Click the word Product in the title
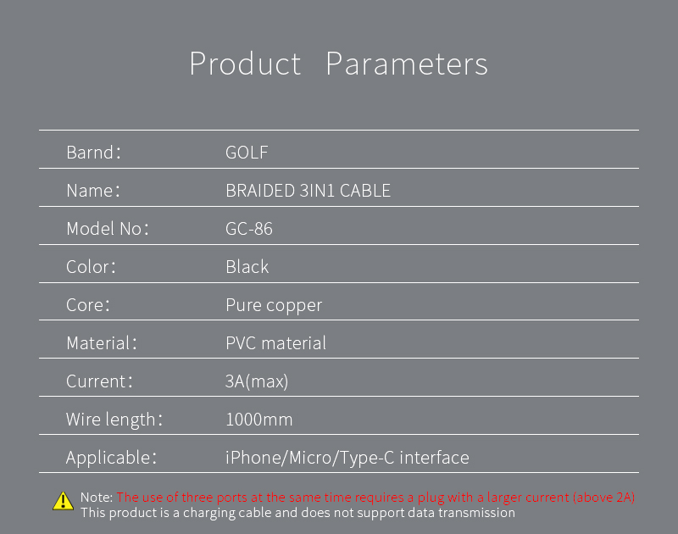[245, 64]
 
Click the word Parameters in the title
[407, 64]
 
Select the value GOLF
[247, 153]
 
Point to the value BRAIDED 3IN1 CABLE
[308, 191]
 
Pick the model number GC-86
[249, 229]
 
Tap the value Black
[247, 267]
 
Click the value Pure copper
[274, 306]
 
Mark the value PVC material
[276, 343]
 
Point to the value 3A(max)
[257, 381]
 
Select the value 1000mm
[259, 420]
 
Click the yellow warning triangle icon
[63, 501]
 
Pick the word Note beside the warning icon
[97, 498]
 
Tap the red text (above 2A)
[603, 498]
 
